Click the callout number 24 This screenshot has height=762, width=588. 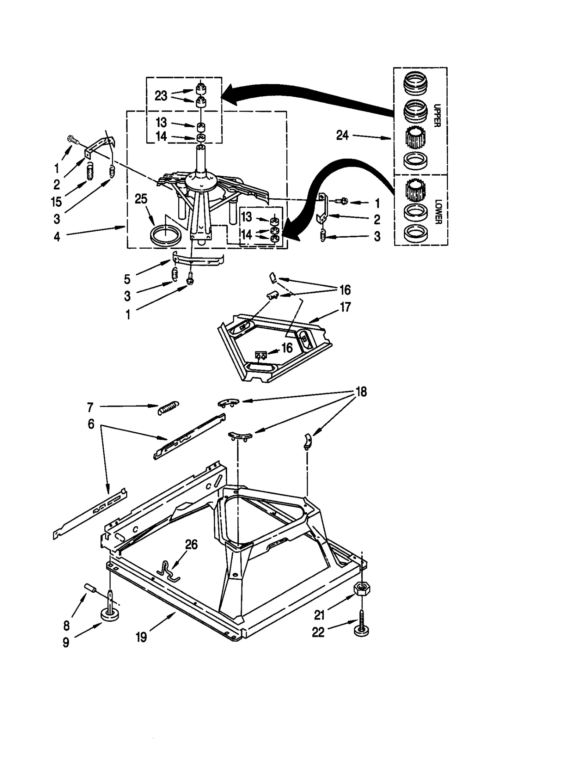342,136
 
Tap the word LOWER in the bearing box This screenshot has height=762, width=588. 437,212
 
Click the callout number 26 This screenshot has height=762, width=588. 191,544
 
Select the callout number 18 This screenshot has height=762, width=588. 361,392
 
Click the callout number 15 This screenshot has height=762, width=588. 57,202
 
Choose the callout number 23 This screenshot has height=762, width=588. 161,96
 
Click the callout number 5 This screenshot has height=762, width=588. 127,279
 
